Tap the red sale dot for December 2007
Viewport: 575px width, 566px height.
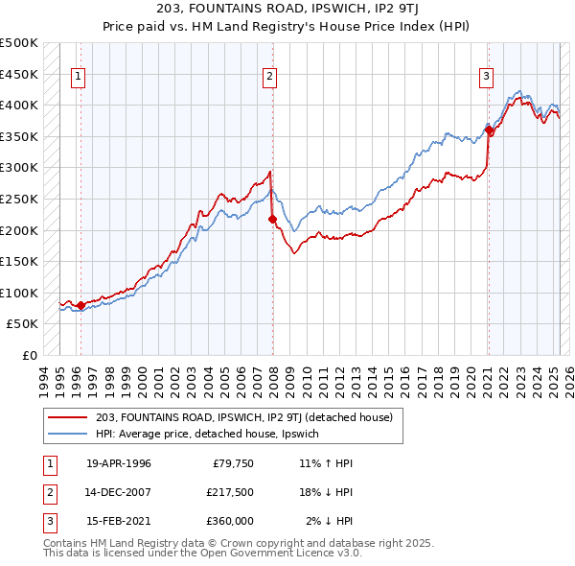pos(272,219)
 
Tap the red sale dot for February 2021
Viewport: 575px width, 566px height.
pos(489,130)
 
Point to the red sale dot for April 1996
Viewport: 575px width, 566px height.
pos(80,305)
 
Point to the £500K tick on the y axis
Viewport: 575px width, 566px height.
pos(19,43)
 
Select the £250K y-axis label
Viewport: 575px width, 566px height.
pos(19,199)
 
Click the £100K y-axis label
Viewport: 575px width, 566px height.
pos(19,293)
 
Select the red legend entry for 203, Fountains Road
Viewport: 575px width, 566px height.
pos(250,416)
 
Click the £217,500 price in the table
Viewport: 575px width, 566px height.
pos(230,492)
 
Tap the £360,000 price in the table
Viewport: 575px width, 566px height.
pos(230,521)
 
